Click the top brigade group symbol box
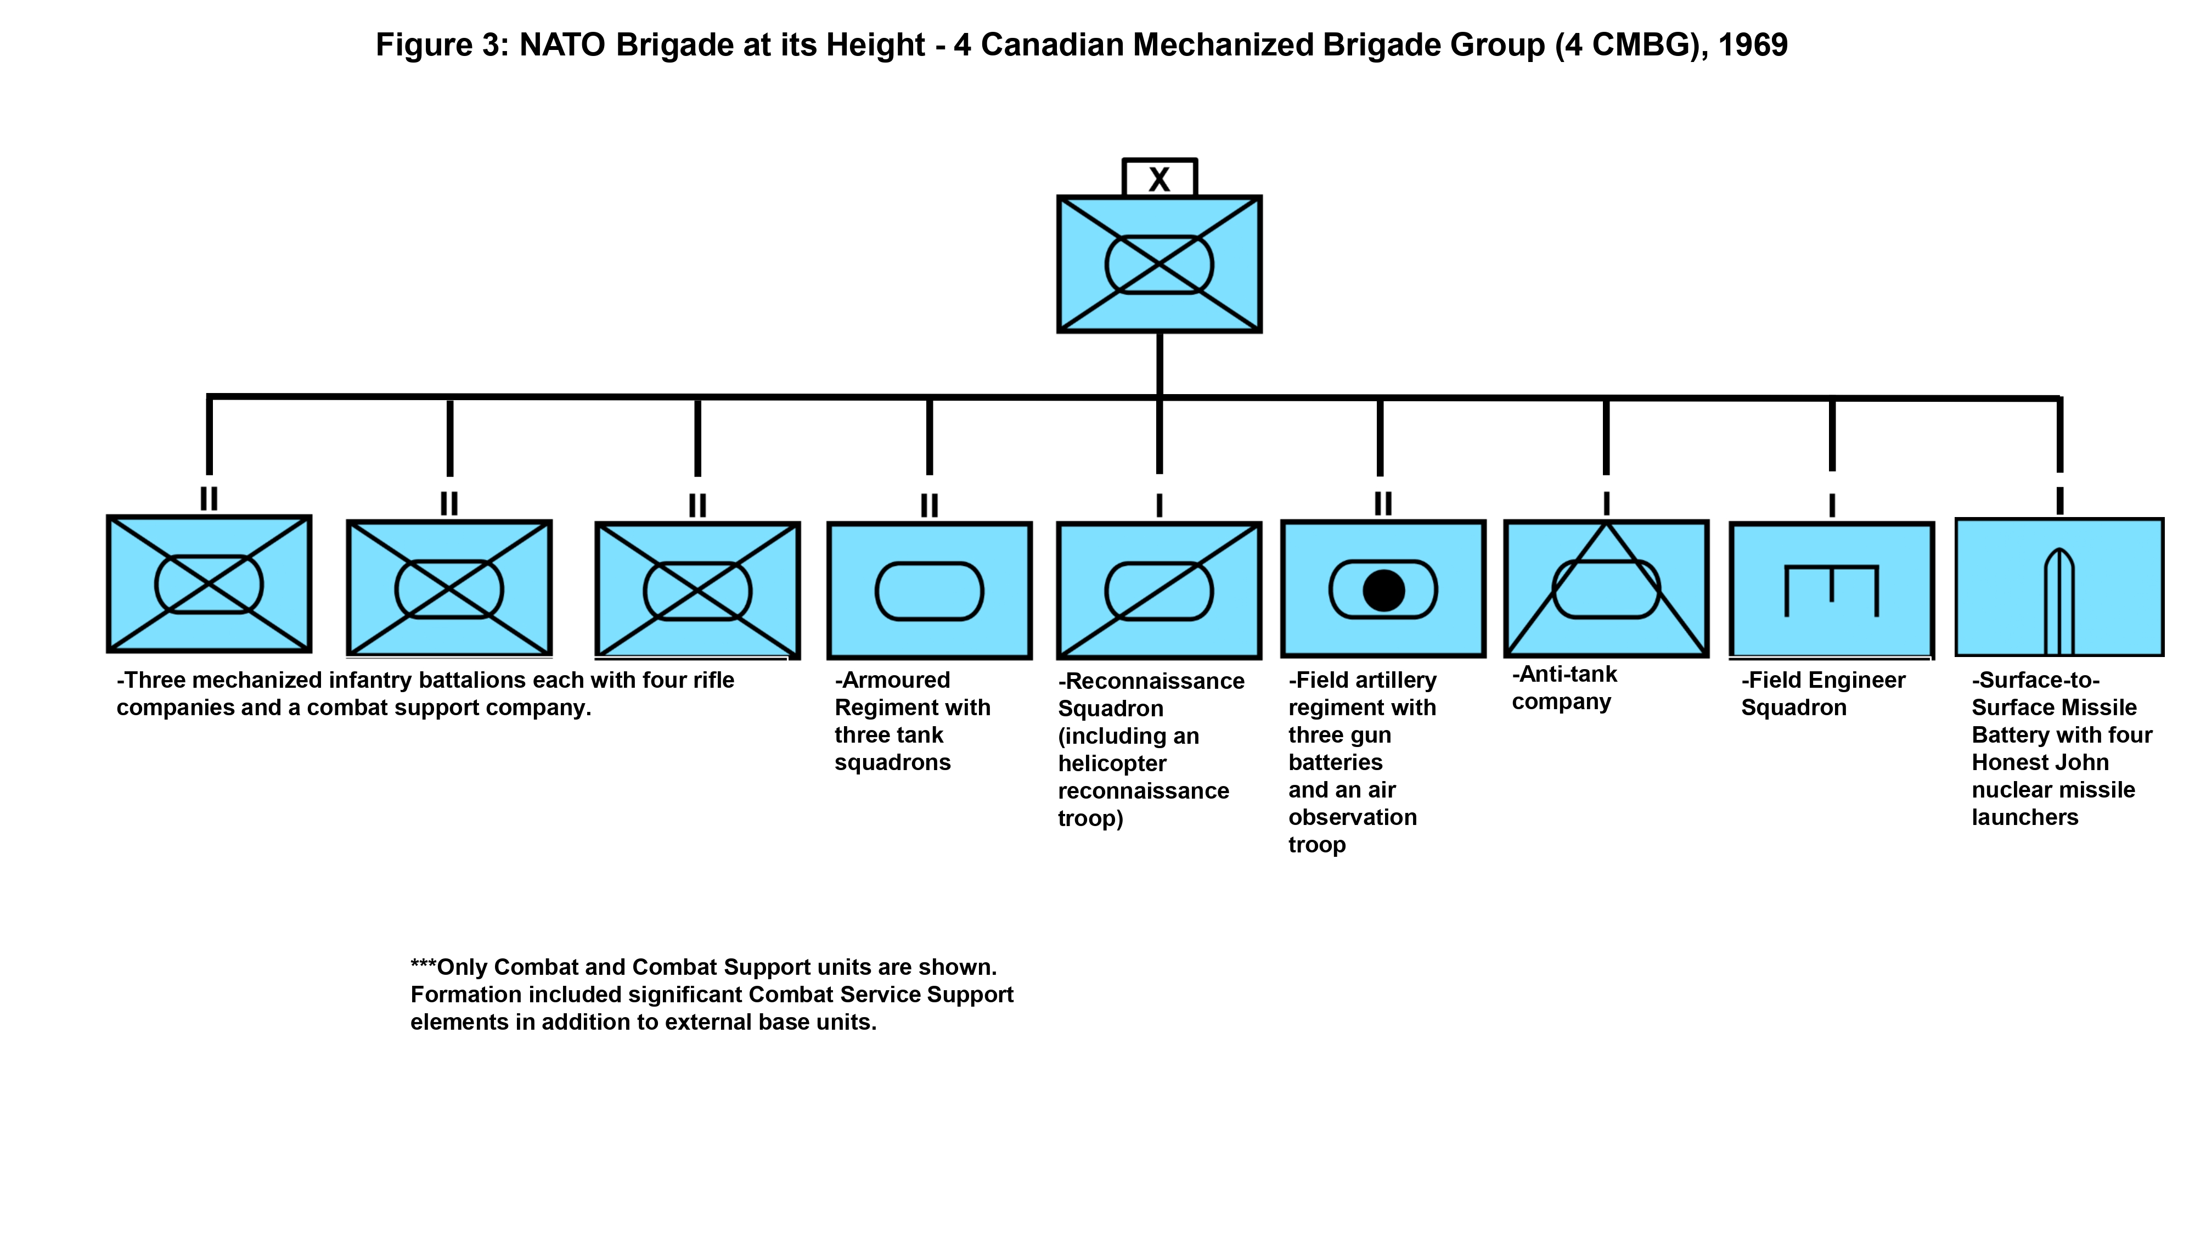pyautogui.click(x=1159, y=264)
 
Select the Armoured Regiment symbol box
pyautogui.click(x=929, y=591)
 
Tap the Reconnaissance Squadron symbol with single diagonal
pyautogui.click(x=1159, y=591)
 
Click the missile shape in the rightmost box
pyautogui.click(x=2059, y=601)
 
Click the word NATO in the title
pyautogui.click(x=562, y=45)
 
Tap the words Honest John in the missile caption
pyautogui.click(x=2040, y=763)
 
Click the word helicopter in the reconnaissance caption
pyautogui.click(x=1112, y=764)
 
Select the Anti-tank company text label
pyautogui.click(x=1563, y=688)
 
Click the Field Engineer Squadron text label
pyautogui.click(x=1822, y=694)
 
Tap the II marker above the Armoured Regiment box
pyautogui.click(x=929, y=506)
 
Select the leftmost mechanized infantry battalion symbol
pyautogui.click(x=209, y=584)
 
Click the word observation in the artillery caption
pyautogui.click(x=1352, y=817)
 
